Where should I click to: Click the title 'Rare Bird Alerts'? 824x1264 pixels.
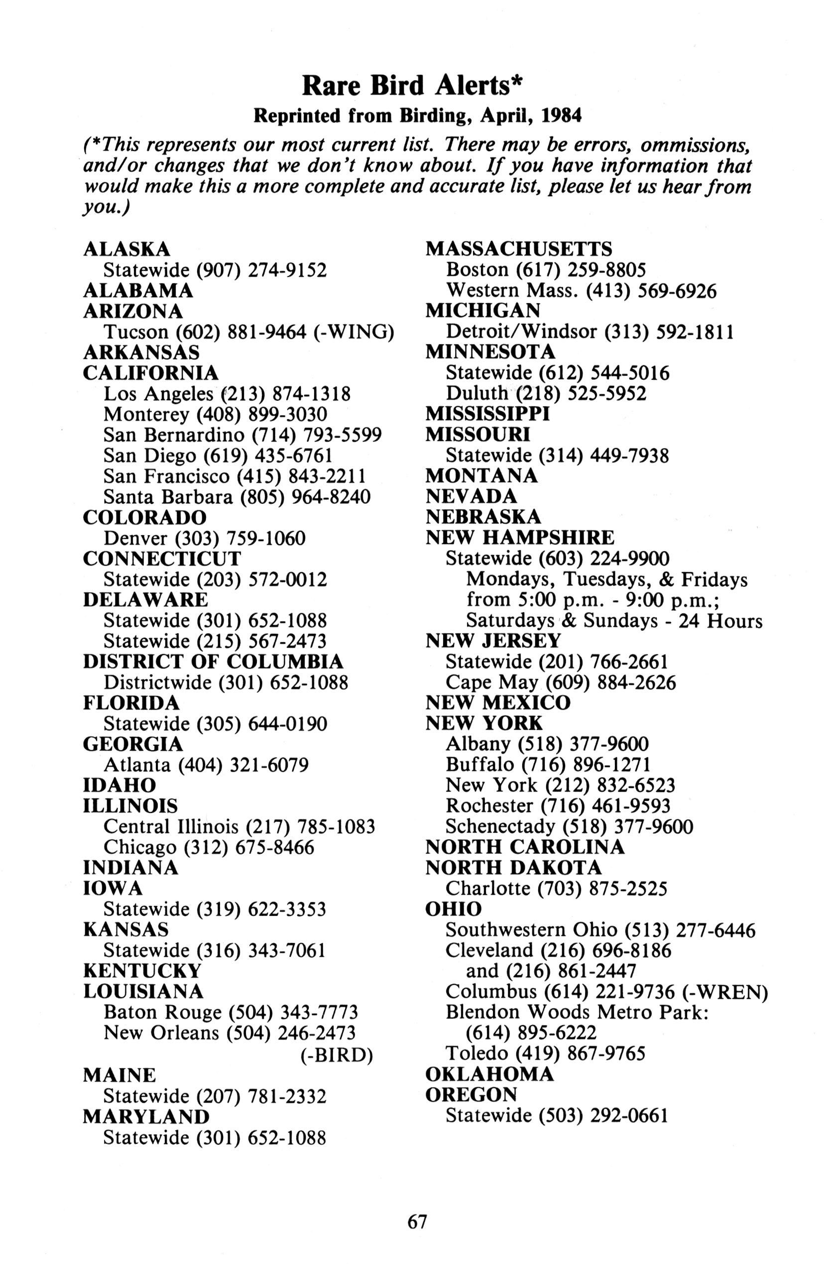click(x=412, y=86)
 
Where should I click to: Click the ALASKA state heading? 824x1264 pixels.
click(x=126, y=248)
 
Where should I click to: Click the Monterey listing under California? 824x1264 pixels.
click(x=215, y=414)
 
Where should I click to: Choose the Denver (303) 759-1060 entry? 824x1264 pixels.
click(x=205, y=539)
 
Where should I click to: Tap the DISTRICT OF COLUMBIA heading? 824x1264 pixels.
click(x=213, y=662)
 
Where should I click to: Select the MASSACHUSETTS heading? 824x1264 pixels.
click(x=518, y=248)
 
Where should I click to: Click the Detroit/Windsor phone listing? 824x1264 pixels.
click(x=589, y=332)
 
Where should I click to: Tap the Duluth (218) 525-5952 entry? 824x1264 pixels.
click(x=546, y=394)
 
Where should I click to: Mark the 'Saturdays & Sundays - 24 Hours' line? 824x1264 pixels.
click(x=613, y=621)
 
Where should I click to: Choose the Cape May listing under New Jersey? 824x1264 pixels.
click(x=561, y=683)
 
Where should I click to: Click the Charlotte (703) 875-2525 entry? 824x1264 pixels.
click(x=556, y=889)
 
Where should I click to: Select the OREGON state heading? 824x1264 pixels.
click(x=471, y=1095)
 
